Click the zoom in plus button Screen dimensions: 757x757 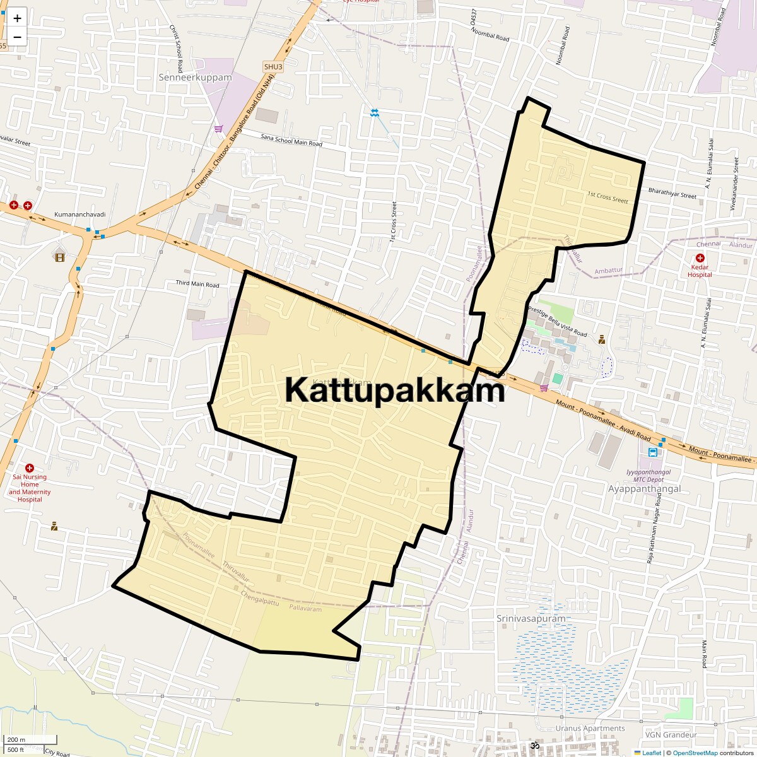click(x=17, y=18)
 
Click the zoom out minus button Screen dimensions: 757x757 click(x=17, y=37)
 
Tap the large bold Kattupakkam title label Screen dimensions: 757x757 click(x=395, y=390)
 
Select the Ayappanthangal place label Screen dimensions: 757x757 click(x=644, y=489)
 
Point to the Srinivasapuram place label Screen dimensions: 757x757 click(x=531, y=618)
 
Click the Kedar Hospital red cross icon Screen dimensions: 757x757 click(x=700, y=258)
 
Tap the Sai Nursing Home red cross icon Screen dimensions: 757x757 click(x=29, y=467)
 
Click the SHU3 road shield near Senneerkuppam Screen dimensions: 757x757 click(x=273, y=67)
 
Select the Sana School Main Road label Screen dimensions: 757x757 click(x=291, y=140)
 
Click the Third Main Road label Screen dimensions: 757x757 click(x=197, y=285)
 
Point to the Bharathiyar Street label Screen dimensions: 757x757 click(x=672, y=193)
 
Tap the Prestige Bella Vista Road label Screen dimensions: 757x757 click(x=558, y=322)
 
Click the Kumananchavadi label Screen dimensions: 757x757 click(x=80, y=214)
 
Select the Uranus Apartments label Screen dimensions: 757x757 click(x=590, y=728)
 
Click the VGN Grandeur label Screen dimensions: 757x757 click(x=671, y=735)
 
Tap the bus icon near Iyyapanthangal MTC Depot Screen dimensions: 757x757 click(x=653, y=452)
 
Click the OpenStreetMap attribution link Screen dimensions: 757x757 click(x=695, y=753)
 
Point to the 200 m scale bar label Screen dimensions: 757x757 click(x=16, y=740)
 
